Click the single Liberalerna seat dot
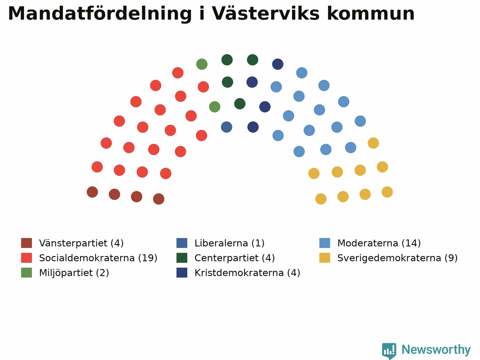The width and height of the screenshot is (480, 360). click(226, 127)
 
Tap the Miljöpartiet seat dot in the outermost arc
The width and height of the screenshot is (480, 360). click(202, 64)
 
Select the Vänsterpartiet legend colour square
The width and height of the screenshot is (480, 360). click(27, 243)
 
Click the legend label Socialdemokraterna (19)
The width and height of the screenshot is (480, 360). click(98, 258)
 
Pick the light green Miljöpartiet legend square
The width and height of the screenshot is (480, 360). click(27, 273)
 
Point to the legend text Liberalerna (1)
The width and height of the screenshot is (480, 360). click(229, 243)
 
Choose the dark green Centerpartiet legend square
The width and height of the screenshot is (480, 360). click(182, 258)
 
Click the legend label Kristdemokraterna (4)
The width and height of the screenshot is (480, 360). click(247, 273)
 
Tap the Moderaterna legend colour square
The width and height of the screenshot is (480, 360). click(325, 243)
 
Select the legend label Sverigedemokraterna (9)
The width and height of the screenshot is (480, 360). click(397, 258)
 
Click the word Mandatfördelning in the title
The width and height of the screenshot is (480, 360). click(100, 14)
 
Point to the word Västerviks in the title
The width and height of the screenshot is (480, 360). click(266, 13)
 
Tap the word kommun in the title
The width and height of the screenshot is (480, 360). click(371, 13)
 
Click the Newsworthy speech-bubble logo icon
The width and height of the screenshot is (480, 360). click(389, 351)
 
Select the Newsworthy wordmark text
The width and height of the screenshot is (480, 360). click(436, 350)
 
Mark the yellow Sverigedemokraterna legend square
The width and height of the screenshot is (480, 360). click(325, 258)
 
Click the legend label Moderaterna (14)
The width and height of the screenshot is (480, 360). click(379, 243)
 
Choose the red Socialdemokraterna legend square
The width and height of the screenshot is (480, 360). click(27, 258)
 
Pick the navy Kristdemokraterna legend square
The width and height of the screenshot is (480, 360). click(182, 273)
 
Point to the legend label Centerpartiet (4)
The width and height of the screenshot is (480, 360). click(235, 258)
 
